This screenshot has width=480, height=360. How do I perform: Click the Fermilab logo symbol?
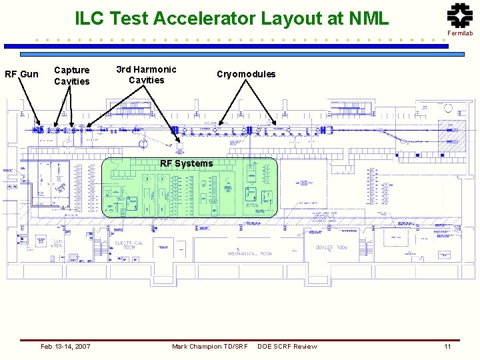pyautogui.click(x=459, y=15)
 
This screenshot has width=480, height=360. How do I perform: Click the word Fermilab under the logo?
pyautogui.click(x=460, y=33)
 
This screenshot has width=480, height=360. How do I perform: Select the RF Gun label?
pyautogui.click(x=21, y=74)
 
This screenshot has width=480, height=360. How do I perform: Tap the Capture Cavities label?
pyautogui.click(x=71, y=75)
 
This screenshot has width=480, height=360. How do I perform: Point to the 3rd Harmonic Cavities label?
pyautogui.click(x=146, y=75)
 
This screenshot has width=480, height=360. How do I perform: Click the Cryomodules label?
pyautogui.click(x=246, y=74)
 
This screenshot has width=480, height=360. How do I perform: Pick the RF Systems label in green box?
pyautogui.click(x=187, y=163)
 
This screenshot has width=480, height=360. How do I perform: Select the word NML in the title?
pyautogui.click(x=365, y=18)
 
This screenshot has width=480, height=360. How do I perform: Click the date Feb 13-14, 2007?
pyautogui.click(x=65, y=346)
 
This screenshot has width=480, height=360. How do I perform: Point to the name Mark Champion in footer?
pyautogui.click(x=197, y=346)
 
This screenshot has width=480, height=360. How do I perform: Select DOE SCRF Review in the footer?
pyautogui.click(x=287, y=346)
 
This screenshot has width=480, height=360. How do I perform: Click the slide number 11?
pyautogui.click(x=448, y=346)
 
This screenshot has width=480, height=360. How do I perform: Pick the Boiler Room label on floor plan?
pyautogui.click(x=331, y=247)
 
